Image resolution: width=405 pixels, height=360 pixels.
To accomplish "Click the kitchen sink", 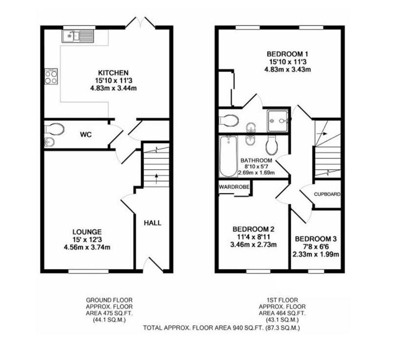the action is pos(78,36).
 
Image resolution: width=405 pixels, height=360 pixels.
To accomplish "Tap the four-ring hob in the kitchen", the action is pos(51,76).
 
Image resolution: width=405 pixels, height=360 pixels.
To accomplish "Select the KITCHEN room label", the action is pos(113,73).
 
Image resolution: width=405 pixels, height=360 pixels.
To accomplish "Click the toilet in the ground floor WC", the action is pos(55,129).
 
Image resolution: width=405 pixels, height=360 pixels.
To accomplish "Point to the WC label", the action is pos(86,135).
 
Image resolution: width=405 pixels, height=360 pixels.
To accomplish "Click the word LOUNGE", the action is pos(87,232).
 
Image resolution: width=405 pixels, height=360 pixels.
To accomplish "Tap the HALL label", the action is pos(152,223).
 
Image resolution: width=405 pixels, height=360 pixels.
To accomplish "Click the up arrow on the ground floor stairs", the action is pos(156,179).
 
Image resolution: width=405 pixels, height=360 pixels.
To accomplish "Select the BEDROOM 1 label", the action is pos(288,54).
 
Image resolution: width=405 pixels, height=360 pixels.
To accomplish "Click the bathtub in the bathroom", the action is pos(228,156).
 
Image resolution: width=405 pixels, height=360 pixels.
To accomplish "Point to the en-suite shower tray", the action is pos(277,121).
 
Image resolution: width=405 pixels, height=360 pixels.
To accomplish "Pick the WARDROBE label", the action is pos(234,187).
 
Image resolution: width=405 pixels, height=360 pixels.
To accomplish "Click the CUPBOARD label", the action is pos(327,194).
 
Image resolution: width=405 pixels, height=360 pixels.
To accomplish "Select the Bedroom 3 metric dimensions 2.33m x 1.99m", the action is pos(315,254).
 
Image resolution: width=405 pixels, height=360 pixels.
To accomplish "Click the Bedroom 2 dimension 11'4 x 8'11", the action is pos(253,236).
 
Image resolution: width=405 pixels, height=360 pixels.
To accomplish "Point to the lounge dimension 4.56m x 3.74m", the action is pos(87,247).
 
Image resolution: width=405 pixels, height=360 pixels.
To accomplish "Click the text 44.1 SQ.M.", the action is pos(109,320).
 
